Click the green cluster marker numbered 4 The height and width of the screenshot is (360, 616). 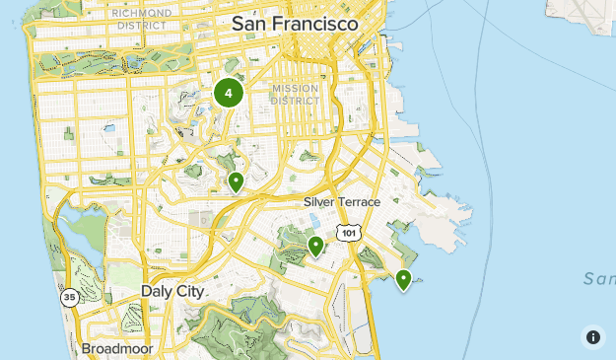[229, 94]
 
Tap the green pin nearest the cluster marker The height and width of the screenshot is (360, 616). [236, 182]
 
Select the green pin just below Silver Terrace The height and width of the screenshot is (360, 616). [316, 246]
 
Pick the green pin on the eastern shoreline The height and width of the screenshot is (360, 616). [403, 280]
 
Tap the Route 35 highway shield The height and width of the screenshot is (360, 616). [68, 296]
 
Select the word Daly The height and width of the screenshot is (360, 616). [157, 292]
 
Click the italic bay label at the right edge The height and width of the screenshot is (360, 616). [599, 279]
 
